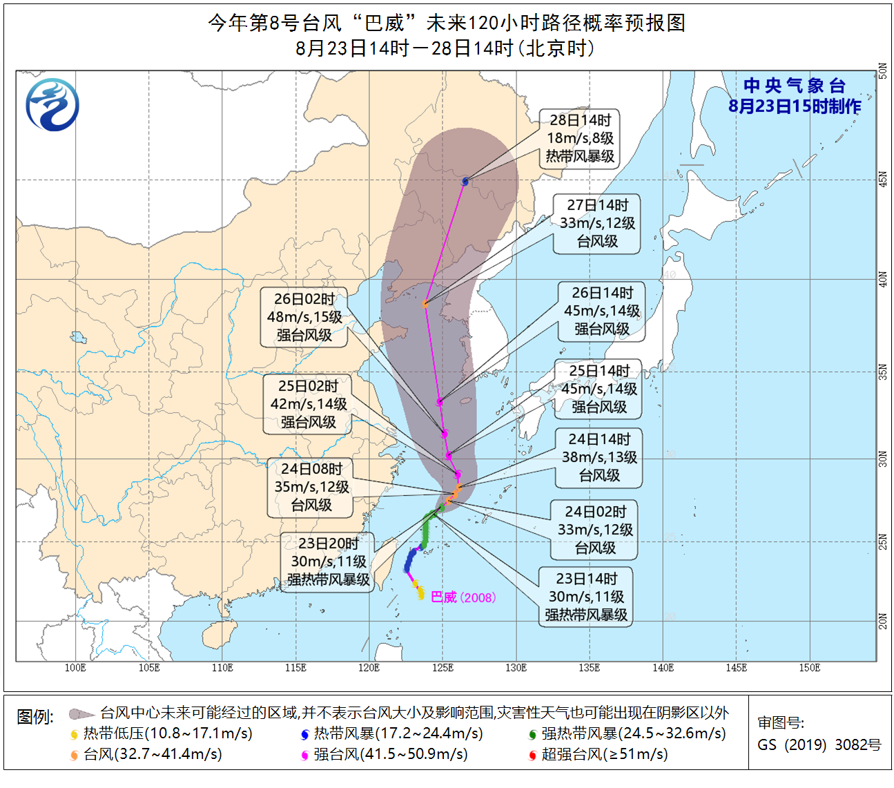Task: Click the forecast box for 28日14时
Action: pos(580,138)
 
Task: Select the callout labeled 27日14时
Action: pos(597,223)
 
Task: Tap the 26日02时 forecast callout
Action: pos(304,317)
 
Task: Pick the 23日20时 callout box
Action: pos(329,561)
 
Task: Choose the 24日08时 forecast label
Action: pos(311,487)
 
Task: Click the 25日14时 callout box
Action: pos(599,389)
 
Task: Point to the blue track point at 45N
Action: pos(465,182)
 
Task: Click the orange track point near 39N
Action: pos(426,303)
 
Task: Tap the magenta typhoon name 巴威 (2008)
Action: pos(463,597)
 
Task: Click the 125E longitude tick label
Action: pos(443,668)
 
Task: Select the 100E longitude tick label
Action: pos(75,668)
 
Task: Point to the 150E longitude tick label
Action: pos(809,668)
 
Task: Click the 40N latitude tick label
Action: pos(883,280)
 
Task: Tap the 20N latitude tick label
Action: pos(883,621)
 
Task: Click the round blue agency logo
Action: pos(52,105)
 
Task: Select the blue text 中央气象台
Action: pos(795,86)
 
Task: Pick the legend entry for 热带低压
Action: pos(162,733)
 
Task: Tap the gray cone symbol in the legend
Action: pos(81,713)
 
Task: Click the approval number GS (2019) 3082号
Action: pos(819,744)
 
